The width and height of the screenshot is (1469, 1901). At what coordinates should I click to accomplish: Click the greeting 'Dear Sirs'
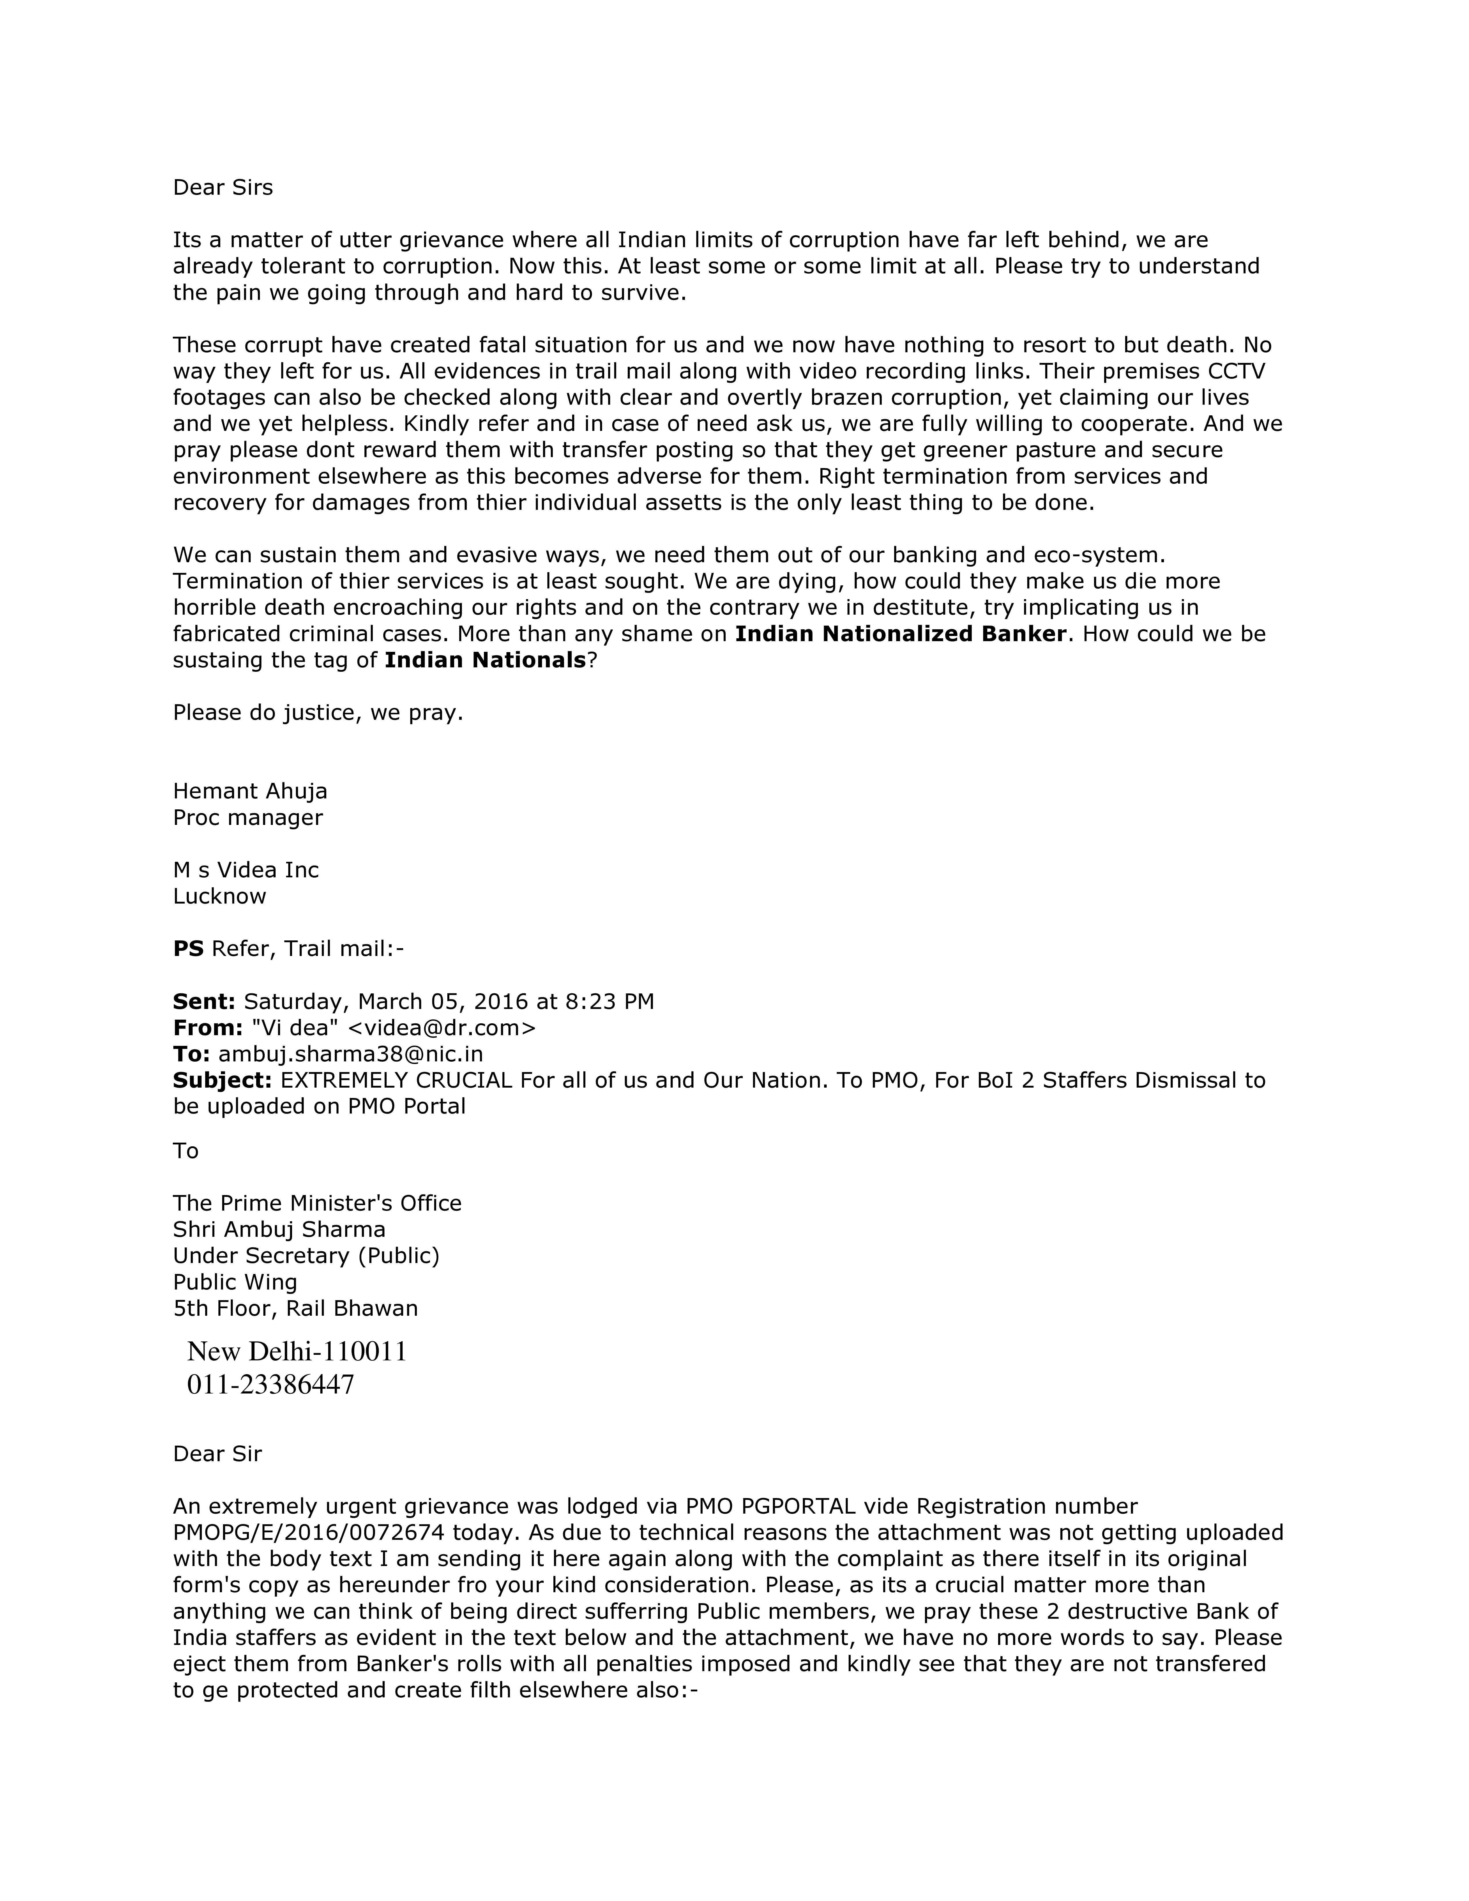[x=223, y=188]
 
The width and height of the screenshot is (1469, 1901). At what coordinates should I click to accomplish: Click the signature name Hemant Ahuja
[x=250, y=791]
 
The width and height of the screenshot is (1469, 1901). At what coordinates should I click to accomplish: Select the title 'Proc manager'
[x=248, y=817]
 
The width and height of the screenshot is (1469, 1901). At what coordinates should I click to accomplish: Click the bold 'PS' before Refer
[x=188, y=949]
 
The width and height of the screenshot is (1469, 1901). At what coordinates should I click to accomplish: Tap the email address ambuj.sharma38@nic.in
[x=351, y=1054]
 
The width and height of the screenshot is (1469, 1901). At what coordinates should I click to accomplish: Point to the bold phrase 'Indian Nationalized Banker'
[x=900, y=634]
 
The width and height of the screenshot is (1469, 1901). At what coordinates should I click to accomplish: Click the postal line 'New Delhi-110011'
[x=297, y=1352]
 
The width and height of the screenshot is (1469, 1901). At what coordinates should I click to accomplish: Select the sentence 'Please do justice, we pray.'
[x=318, y=713]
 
